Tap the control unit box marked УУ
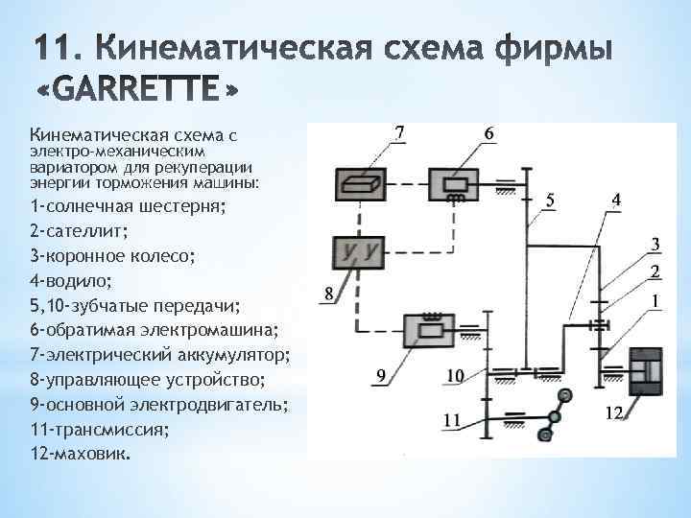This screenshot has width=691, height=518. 357,251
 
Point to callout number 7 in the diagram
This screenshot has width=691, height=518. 400,131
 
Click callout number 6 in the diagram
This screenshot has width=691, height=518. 488,131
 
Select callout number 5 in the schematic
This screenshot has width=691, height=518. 549,199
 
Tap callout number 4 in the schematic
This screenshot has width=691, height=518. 615,199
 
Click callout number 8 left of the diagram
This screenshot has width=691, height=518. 329,295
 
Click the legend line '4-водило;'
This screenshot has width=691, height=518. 70,281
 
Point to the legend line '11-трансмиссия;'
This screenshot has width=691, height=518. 99,429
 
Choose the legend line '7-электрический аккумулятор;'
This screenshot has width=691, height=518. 159,355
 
